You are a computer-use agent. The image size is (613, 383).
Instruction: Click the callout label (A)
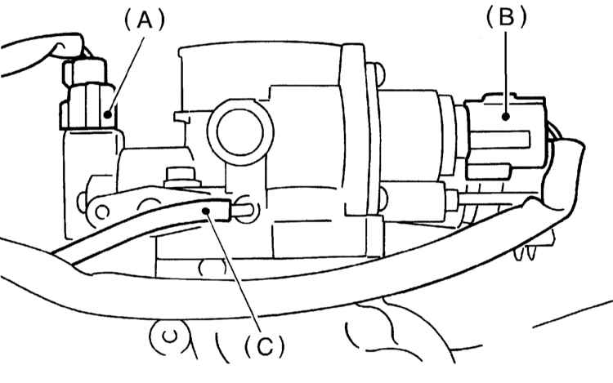pyautogui.click(x=144, y=20)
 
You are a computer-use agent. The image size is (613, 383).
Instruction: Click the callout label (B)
pyautogui.click(x=506, y=18)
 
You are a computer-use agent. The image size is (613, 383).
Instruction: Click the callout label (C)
pyautogui.click(x=265, y=345)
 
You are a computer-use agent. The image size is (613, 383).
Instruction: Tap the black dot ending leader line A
pyautogui.click(x=108, y=114)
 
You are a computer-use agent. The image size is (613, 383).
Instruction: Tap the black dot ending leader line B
pyautogui.click(x=506, y=116)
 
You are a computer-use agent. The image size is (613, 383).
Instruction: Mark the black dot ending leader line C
pyautogui.click(x=207, y=211)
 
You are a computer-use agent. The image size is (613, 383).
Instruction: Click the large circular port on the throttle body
pyautogui.click(x=240, y=131)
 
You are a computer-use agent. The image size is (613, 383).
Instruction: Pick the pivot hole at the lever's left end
pyautogui.click(x=102, y=213)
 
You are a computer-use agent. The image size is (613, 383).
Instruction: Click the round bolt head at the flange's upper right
pyautogui.click(x=378, y=73)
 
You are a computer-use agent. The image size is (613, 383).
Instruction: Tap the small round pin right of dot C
pyautogui.click(x=244, y=209)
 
